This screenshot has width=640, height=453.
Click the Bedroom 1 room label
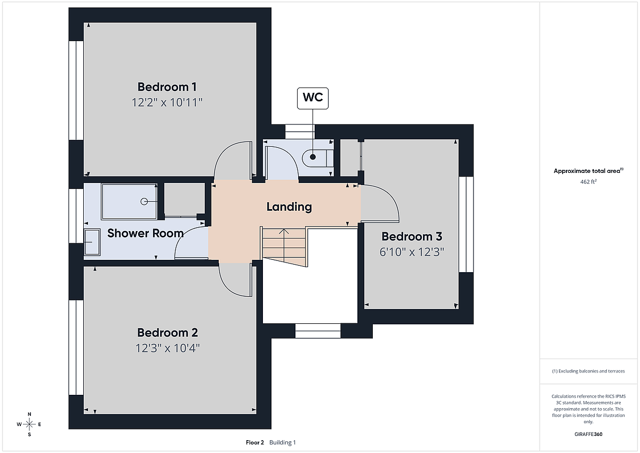click(167, 87)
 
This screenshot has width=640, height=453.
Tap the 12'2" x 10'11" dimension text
click(167, 102)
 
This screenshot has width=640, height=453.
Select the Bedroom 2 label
click(167, 332)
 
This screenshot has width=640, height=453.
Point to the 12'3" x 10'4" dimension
click(167, 348)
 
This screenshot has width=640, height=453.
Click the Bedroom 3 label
click(412, 236)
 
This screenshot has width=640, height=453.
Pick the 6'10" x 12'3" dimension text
click(412, 252)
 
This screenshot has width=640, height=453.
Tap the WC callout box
click(313, 98)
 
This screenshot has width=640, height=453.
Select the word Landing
click(289, 206)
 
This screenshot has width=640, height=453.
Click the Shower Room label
click(146, 233)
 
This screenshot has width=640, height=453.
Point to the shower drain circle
click(144, 202)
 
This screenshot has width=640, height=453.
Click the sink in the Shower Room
click(92, 242)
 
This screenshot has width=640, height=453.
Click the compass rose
click(29, 424)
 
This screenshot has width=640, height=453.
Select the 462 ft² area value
click(588, 182)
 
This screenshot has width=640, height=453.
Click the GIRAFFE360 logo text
click(588, 434)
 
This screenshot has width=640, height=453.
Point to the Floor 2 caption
click(255, 442)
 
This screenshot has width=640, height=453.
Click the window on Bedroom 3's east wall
click(466, 224)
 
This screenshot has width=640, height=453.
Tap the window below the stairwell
click(318, 331)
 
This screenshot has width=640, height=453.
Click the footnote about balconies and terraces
click(588, 371)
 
